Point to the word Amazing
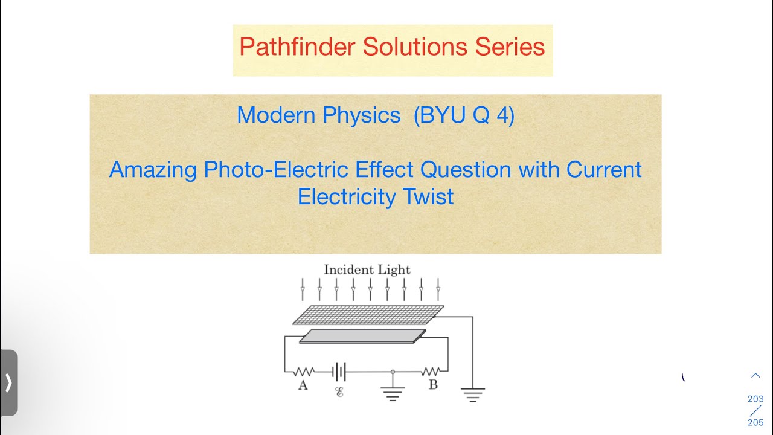153,170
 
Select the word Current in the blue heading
603,170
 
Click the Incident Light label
367,270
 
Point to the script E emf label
339,392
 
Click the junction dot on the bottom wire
393,371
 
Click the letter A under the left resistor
303,385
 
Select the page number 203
755,399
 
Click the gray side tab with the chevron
8,382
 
